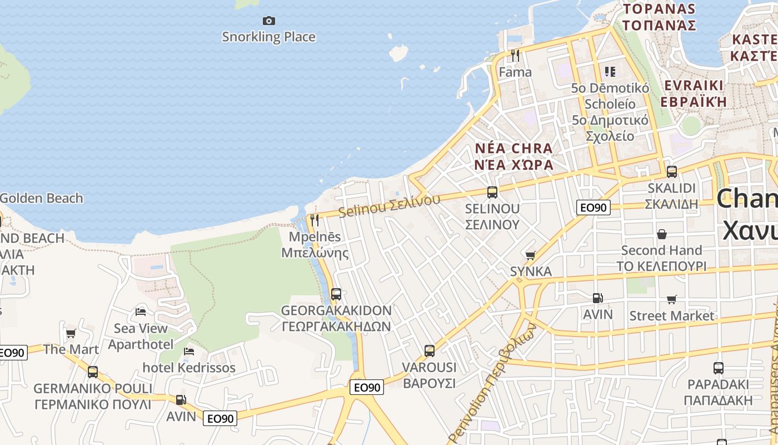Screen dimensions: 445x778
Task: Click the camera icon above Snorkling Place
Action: coord(269,21)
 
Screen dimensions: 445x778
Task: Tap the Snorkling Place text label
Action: coord(269,37)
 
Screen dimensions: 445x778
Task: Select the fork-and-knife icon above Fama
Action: coord(515,55)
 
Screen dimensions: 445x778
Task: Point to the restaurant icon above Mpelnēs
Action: coord(315,220)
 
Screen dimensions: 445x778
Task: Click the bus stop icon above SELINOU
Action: coord(492,192)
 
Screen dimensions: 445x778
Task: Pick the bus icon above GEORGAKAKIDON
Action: coord(336,294)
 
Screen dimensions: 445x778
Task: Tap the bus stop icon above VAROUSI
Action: coord(429,351)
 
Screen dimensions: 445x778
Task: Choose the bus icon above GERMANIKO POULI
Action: coord(93,372)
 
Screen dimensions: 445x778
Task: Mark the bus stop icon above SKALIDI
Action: coord(671,172)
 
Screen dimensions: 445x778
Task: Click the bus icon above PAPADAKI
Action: coord(718,368)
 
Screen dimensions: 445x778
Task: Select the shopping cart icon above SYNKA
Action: coord(531,255)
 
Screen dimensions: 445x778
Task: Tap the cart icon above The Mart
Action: coord(71,333)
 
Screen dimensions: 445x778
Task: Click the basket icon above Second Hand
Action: coord(661,234)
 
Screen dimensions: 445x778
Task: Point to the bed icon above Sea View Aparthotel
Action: coord(141,312)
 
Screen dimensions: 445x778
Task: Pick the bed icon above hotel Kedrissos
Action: coord(189,352)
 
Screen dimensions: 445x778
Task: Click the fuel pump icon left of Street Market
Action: coord(597,298)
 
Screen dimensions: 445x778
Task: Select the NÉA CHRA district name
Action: coord(514,149)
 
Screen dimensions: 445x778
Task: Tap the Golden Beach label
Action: coord(41,198)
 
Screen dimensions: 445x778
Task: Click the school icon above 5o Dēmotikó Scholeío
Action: coord(610,71)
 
